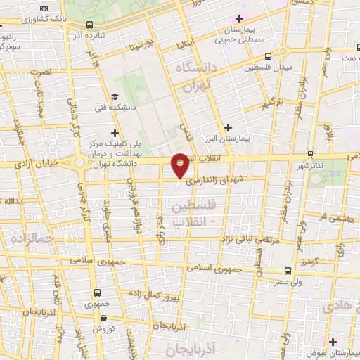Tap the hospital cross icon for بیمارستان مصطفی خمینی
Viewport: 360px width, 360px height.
239,18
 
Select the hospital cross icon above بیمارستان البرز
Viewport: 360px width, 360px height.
228,127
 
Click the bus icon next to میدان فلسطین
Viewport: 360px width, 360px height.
283,51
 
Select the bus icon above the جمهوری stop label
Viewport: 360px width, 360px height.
96,292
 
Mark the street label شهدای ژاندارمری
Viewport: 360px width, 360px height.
219,181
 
